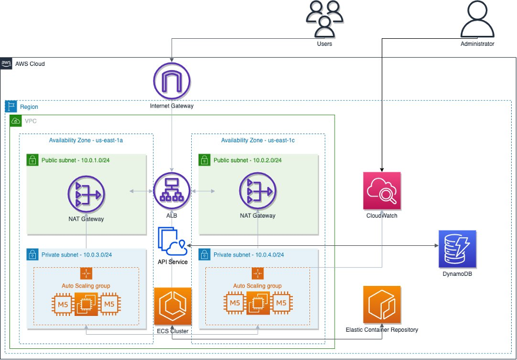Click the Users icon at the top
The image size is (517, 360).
point(324,18)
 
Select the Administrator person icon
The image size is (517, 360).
point(477,19)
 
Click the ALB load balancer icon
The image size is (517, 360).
point(172,191)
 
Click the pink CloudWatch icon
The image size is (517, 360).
point(382,191)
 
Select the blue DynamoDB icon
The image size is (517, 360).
point(457,249)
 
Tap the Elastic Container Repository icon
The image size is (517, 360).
point(382,305)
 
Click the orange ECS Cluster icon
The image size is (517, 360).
point(172,306)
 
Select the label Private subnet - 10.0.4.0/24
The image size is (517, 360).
point(248,255)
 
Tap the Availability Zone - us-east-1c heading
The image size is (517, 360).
point(258,141)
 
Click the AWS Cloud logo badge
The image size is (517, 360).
point(6,64)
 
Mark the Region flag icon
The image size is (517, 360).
point(11,106)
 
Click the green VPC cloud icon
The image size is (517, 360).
point(16,121)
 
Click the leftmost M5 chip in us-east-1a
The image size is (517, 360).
point(62,304)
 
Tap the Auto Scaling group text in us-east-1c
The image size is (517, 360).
point(257,286)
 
